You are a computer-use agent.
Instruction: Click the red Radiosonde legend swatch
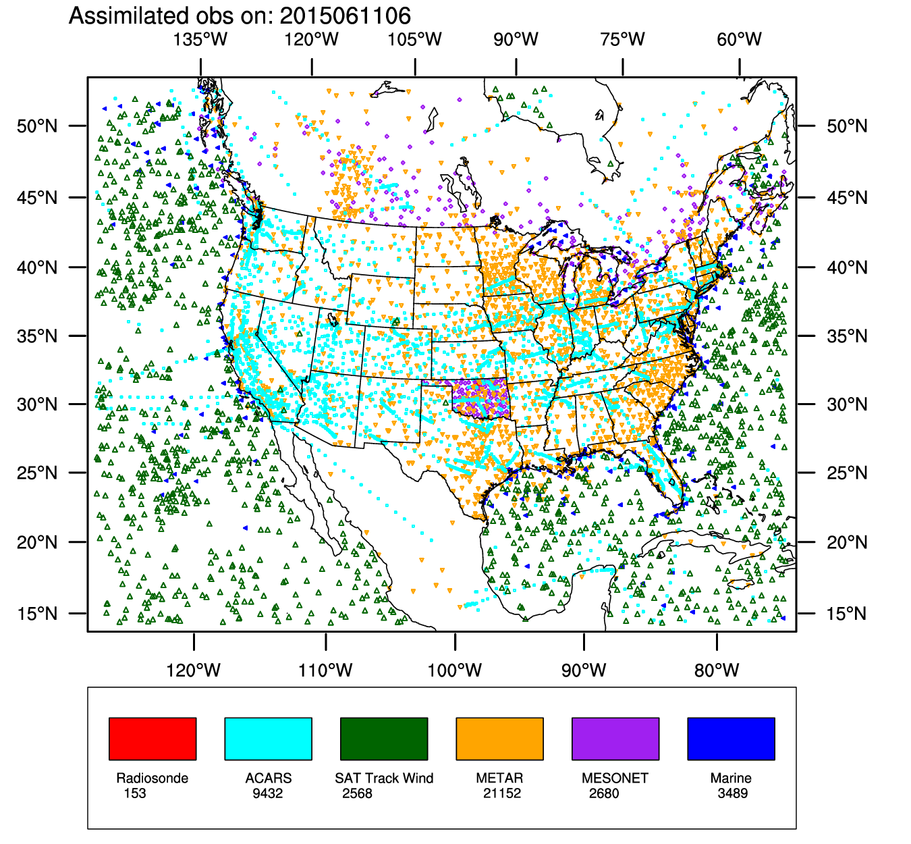coord(153,739)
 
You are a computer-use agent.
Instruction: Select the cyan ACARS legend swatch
coord(268,739)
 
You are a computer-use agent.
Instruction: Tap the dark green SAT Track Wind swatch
coord(384,739)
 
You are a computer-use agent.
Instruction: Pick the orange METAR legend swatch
coord(499,739)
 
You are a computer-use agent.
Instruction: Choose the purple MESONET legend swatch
coord(615,739)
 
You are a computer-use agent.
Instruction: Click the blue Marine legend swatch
coord(731,739)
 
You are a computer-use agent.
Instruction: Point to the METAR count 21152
coord(502,793)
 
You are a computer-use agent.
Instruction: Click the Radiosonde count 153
coord(135,793)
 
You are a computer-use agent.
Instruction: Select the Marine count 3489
coord(733,793)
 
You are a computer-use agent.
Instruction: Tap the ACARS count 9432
coord(268,793)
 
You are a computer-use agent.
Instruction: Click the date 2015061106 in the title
coord(344,16)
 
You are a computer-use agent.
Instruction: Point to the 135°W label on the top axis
coord(200,39)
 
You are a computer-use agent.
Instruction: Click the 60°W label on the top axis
coord(740,39)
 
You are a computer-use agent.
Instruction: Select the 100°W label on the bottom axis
coord(455,670)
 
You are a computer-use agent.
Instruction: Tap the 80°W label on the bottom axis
coord(717,670)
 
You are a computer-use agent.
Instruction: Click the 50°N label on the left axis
coord(38,126)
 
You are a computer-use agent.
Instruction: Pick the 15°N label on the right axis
coord(847,614)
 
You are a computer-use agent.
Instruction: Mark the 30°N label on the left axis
coord(38,404)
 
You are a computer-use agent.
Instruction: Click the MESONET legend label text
coord(615,779)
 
